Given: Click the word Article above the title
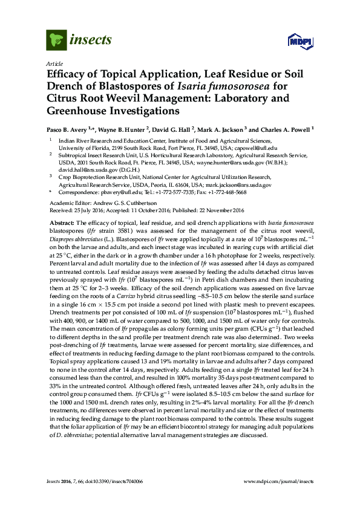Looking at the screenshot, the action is pyautogui.click(x=54, y=63).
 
